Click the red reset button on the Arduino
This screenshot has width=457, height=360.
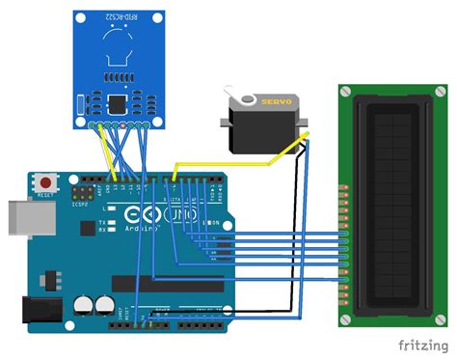coord(45,181)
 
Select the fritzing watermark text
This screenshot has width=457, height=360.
coord(421,344)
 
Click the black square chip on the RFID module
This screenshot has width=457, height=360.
coord(118,101)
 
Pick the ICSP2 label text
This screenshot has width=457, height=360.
coord(80,204)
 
